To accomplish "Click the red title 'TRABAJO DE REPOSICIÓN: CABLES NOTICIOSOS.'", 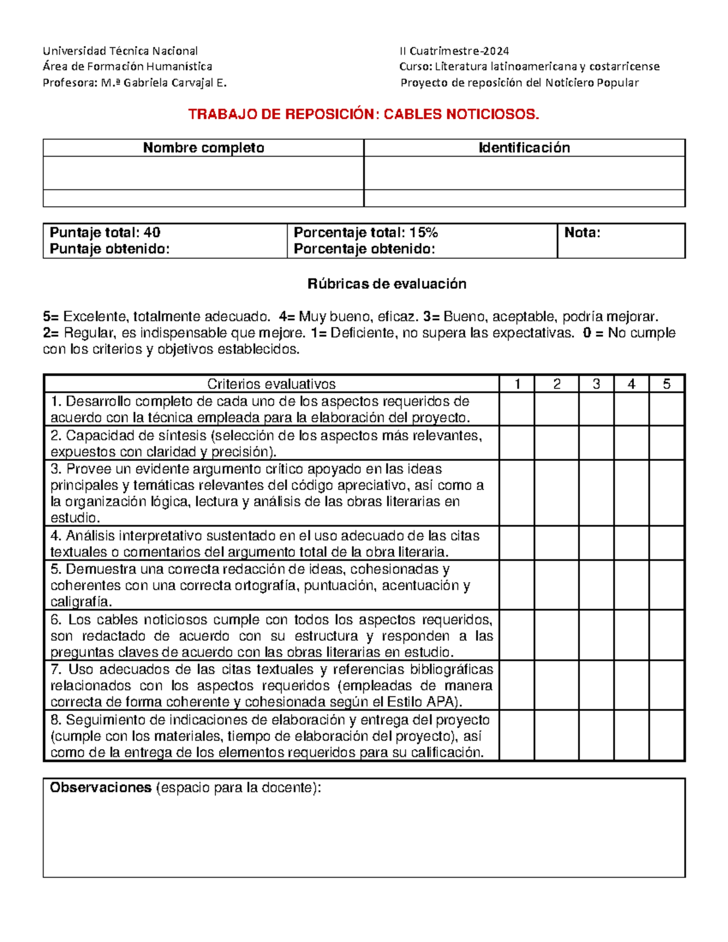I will (363, 114).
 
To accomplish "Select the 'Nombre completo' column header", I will (203, 148).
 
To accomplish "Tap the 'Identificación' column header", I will (524, 148).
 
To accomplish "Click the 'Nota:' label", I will (582, 233).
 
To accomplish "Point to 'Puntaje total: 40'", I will (105, 233).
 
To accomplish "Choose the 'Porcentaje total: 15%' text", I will (366, 233).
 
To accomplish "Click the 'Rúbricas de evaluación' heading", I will (386, 284).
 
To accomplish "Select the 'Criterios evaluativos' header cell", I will (271, 384).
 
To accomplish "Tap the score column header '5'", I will (666, 384).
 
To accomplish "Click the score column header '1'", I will (517, 384).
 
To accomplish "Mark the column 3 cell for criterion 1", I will (596, 409).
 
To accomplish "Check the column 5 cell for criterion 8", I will (666, 736).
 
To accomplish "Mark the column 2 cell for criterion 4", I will (556, 543).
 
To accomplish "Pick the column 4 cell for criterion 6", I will (631, 636).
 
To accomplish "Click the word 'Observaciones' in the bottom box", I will (101, 788).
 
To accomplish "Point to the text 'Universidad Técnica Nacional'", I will (120, 51).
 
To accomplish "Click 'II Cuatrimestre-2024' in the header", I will (454, 51).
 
